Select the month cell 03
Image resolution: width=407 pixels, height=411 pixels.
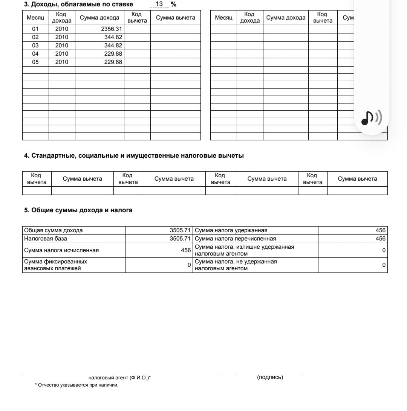[35, 46]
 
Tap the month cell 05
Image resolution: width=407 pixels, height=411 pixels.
[35, 62]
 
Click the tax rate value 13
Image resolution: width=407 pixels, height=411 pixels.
[159, 4]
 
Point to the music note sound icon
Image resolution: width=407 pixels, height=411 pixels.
[371, 118]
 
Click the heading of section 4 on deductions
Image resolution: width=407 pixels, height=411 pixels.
[134, 156]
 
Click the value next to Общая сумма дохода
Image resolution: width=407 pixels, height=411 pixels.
[180, 230]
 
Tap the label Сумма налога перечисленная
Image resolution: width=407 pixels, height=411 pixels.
[235, 239]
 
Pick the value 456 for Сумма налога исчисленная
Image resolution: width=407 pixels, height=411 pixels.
[186, 250]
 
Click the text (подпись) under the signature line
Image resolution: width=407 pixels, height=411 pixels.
[270, 377]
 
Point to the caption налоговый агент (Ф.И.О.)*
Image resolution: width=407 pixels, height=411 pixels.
[119, 378]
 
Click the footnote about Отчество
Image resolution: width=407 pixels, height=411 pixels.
[77, 385]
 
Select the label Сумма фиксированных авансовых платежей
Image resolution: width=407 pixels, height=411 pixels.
[55, 265]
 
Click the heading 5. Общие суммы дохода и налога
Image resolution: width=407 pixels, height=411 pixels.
[78, 210]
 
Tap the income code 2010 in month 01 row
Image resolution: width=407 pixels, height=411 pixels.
[62, 29]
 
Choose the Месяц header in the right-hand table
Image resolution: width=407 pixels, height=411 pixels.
[223, 18]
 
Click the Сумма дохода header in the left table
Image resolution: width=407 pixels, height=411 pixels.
[99, 18]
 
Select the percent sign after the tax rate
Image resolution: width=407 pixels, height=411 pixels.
[173, 5]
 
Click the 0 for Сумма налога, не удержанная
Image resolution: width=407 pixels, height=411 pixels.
[384, 265]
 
